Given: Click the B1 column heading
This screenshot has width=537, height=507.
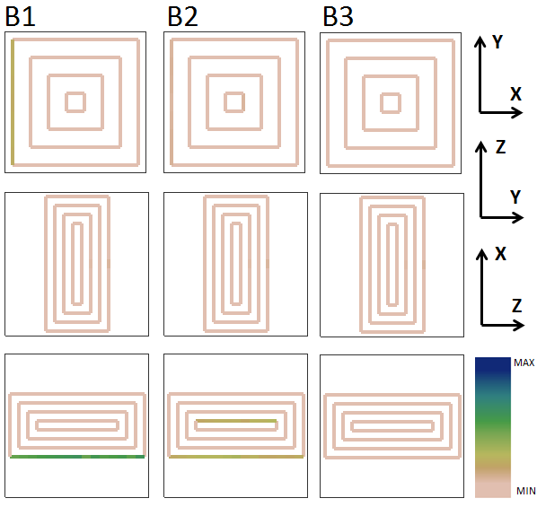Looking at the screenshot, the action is [21, 16].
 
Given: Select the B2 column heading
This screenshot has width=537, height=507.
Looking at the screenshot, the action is [182, 16].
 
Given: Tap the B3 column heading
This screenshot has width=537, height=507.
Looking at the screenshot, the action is [338, 16].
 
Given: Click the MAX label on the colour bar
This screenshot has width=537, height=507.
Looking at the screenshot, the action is [524, 363].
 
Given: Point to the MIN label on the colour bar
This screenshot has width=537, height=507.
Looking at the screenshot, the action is [525, 491].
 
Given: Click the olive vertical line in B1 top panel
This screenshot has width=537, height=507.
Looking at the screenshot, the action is [13, 102].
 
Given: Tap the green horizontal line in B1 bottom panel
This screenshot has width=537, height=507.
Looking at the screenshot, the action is [77, 457].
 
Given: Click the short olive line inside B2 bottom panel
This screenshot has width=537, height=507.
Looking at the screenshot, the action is [236, 421].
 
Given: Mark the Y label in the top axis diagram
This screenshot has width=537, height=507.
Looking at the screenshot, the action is [497, 42].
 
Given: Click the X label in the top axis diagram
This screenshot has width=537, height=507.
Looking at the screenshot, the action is [515, 94].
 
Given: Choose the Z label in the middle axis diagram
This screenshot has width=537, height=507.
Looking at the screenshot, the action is [501, 147].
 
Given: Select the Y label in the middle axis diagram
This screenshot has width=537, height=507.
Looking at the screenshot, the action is [515, 197].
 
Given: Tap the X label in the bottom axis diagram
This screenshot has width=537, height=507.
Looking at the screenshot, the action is [501, 254].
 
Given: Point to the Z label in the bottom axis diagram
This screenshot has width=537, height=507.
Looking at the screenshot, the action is [516, 305].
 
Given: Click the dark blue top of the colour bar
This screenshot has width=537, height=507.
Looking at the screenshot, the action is [492, 365].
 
